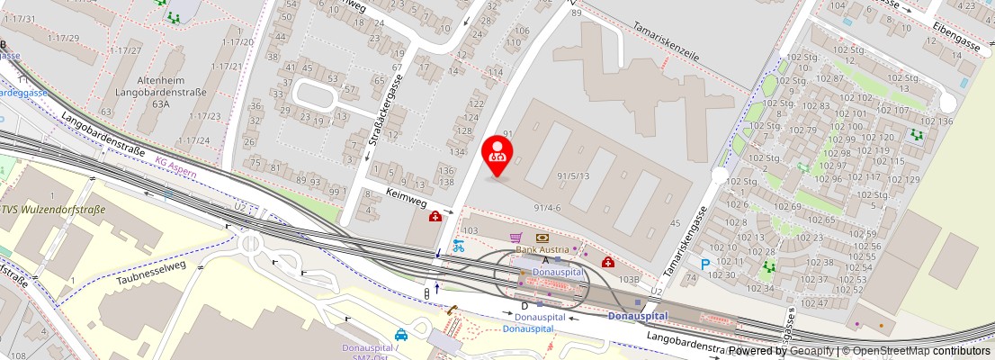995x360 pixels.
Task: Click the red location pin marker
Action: coord(497,155)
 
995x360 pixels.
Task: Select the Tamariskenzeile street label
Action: coord(667,41)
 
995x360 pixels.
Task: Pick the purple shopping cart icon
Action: coord(515,238)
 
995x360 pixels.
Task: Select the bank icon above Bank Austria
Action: coord(542,238)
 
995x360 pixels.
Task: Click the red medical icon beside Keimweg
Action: coord(435,216)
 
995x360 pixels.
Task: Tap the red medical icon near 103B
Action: coord(608,262)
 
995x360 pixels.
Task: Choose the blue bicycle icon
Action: coord(458,245)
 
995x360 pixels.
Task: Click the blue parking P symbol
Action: coord(705,265)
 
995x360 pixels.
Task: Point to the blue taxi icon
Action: coord(401,335)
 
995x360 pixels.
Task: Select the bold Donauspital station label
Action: coord(637,316)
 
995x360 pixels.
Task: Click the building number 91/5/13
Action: coord(573,175)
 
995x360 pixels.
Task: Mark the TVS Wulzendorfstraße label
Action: coord(53,210)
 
